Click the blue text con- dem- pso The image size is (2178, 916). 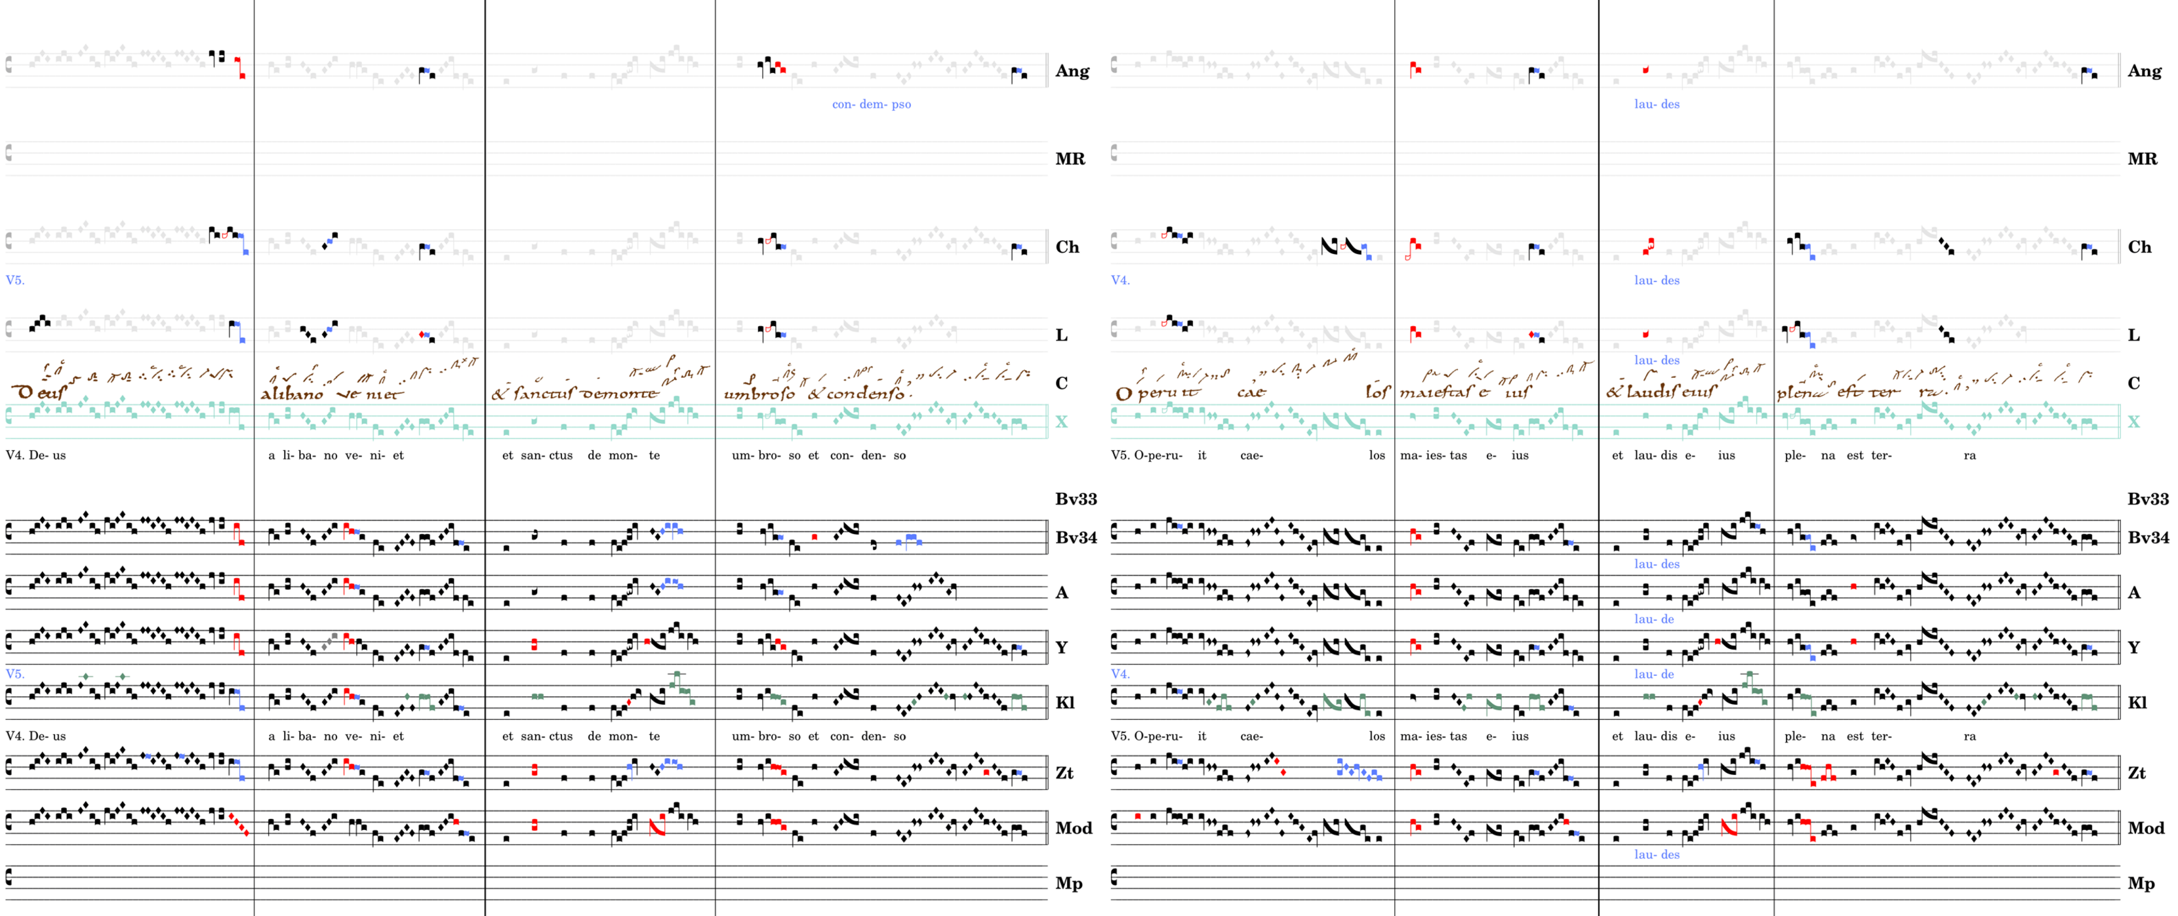(x=871, y=105)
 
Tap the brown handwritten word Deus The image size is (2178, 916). (x=39, y=392)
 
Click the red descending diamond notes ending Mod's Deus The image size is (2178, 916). (x=239, y=825)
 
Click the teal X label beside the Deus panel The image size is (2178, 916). (x=1061, y=422)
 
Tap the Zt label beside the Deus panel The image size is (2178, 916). (x=1064, y=773)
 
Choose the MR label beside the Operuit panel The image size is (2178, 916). (x=2142, y=159)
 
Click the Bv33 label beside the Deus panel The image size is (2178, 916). (x=1076, y=499)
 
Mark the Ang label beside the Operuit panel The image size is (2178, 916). (x=2144, y=71)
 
